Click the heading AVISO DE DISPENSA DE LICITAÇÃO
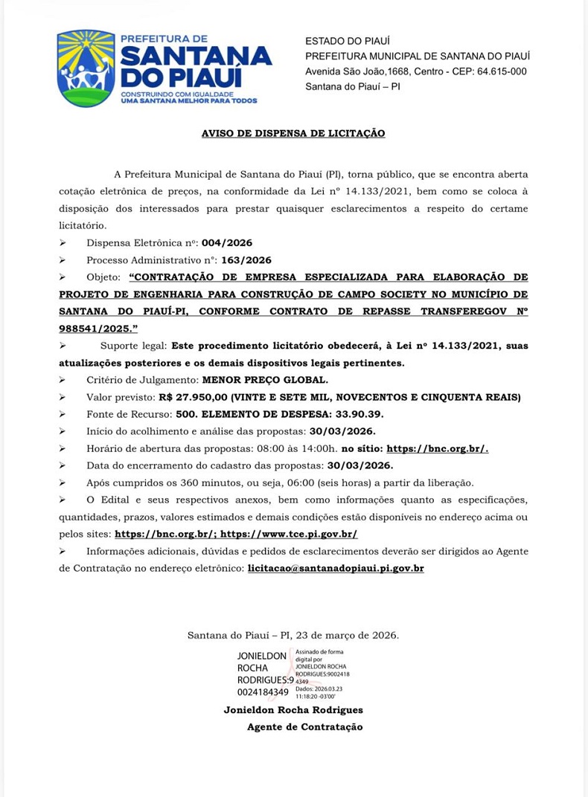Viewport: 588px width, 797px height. [293, 133]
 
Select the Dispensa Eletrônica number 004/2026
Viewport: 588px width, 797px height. [226, 242]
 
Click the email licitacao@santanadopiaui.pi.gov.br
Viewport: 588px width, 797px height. [336, 568]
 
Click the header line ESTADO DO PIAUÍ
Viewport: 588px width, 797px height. [348, 40]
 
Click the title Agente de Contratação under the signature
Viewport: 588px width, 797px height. [304, 726]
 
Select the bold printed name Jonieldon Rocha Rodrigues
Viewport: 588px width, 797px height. [293, 710]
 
